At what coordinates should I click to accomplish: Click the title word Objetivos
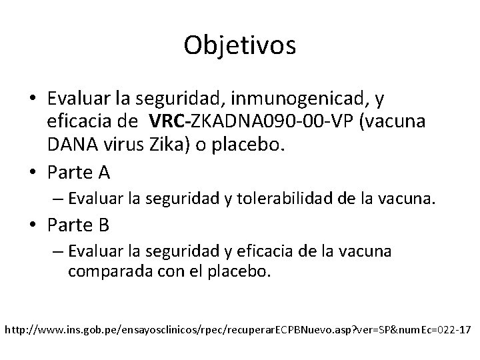[x=240, y=45]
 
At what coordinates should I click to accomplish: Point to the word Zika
[x=166, y=145]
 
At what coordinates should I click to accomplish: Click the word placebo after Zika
[x=249, y=145]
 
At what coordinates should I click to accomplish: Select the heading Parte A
[x=79, y=172]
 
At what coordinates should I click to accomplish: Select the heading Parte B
[x=79, y=225]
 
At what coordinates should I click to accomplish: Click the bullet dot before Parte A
[x=34, y=173]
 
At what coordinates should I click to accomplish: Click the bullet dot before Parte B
[x=34, y=225]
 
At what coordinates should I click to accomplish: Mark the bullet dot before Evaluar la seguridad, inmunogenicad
[x=34, y=99]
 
